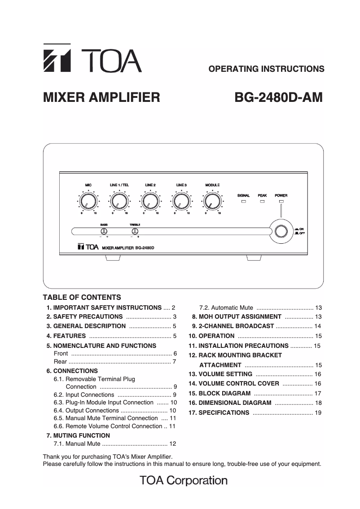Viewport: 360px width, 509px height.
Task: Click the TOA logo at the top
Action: point(92,59)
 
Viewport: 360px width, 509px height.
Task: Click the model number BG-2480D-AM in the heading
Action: point(278,97)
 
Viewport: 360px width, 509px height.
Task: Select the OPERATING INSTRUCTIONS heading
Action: point(267,69)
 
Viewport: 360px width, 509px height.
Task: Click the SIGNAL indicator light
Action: point(244,202)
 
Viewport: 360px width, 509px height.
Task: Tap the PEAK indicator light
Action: point(262,202)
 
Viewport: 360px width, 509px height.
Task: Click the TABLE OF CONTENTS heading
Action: point(82,297)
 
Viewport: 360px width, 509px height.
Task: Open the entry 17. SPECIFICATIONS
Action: point(224,412)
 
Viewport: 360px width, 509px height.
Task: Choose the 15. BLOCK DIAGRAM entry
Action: point(224,393)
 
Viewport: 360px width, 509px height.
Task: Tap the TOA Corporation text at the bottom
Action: point(184,481)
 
